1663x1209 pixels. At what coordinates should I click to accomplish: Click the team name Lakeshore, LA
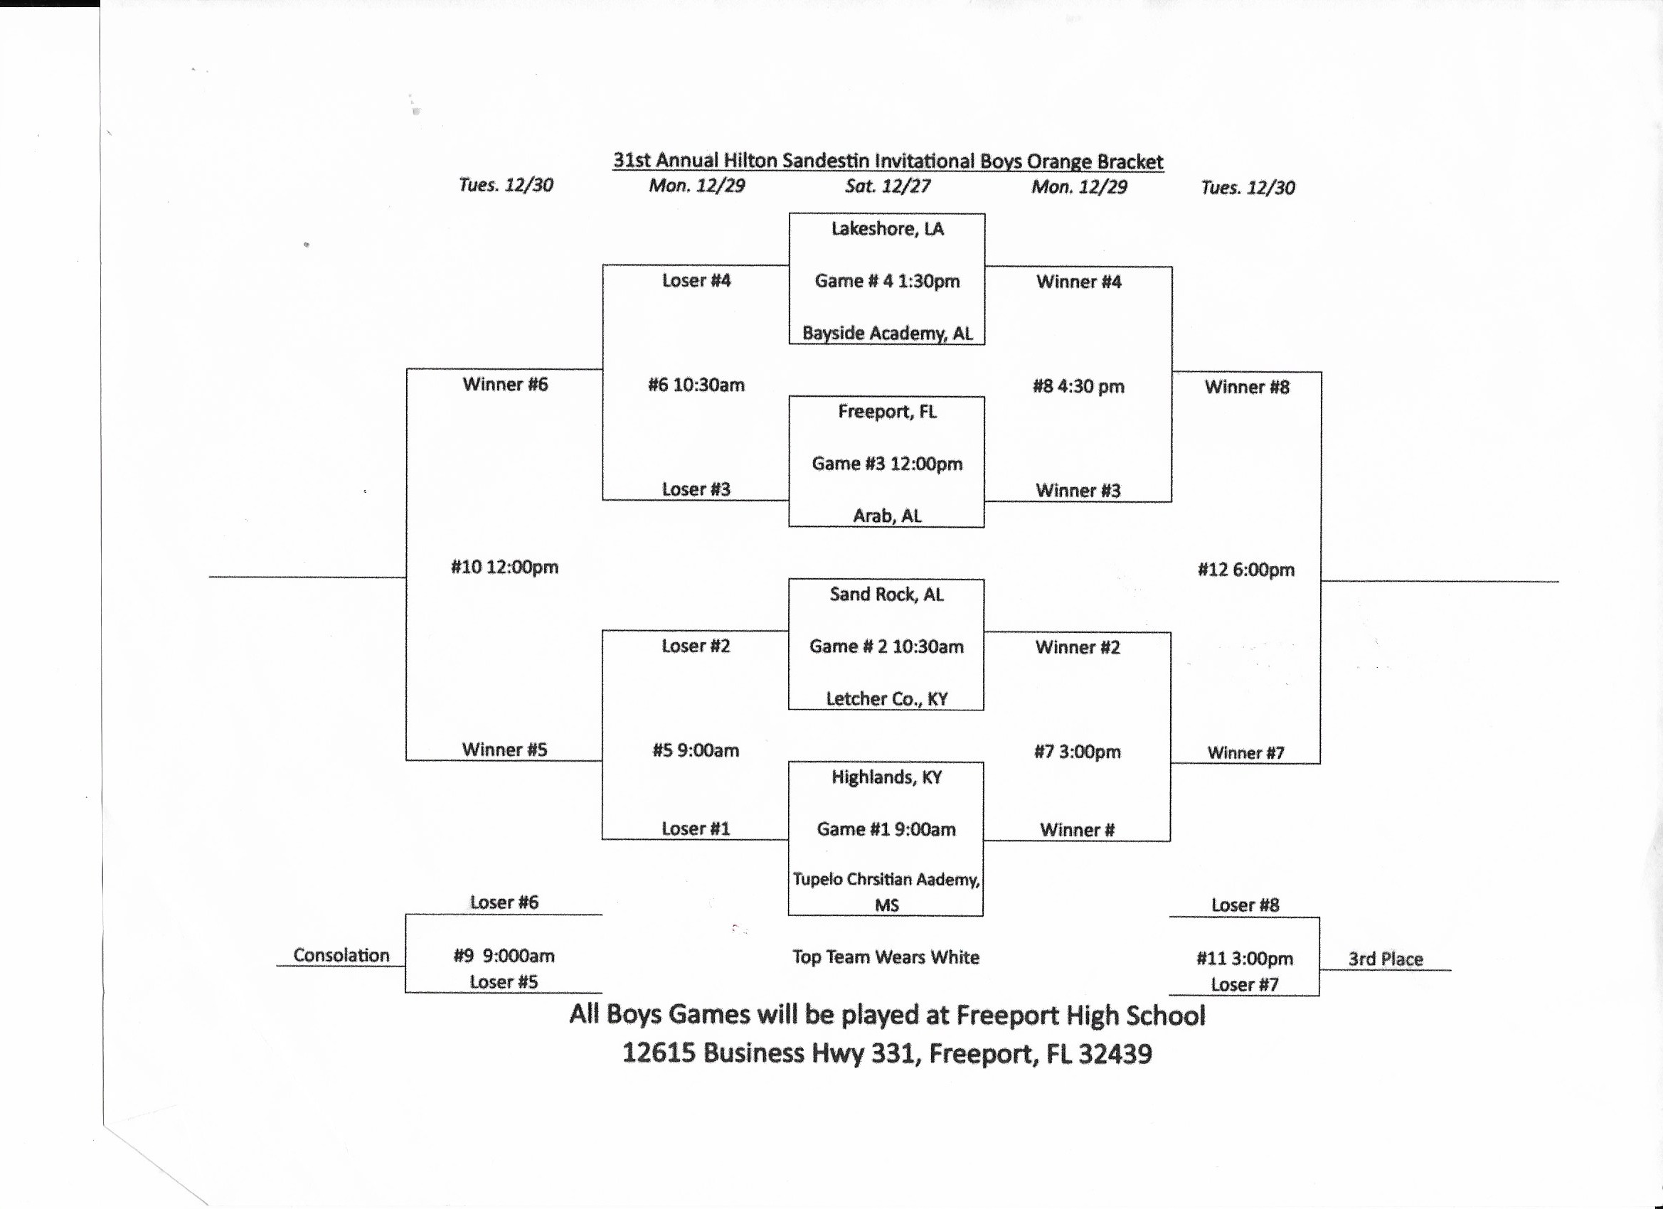[887, 229]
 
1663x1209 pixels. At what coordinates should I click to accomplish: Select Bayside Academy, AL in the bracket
[887, 334]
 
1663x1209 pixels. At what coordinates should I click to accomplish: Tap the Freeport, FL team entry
[887, 411]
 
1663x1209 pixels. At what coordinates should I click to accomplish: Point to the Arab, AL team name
[887, 516]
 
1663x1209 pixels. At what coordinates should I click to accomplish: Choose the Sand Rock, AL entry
[886, 594]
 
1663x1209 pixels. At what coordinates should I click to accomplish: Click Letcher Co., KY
[886, 698]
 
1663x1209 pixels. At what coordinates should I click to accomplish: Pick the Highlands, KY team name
[886, 777]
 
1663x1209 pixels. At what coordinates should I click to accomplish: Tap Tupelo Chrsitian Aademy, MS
[886, 891]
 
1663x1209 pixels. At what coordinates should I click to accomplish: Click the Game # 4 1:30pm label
[887, 281]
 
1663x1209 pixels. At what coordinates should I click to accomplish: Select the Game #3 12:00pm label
[886, 464]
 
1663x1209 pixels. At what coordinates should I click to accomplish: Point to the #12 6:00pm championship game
[1245, 570]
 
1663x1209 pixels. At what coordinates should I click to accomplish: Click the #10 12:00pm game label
[504, 567]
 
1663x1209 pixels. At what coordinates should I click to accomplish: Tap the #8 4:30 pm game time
[1078, 386]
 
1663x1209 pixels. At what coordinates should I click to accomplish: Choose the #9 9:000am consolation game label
[504, 956]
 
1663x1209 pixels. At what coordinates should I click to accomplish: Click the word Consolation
[341, 955]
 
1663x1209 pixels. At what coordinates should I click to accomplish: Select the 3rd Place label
[1385, 959]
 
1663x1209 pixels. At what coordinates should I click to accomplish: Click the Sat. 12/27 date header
[887, 186]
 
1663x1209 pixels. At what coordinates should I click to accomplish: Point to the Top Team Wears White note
[886, 957]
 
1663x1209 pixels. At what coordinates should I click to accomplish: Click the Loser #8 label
[1245, 905]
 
